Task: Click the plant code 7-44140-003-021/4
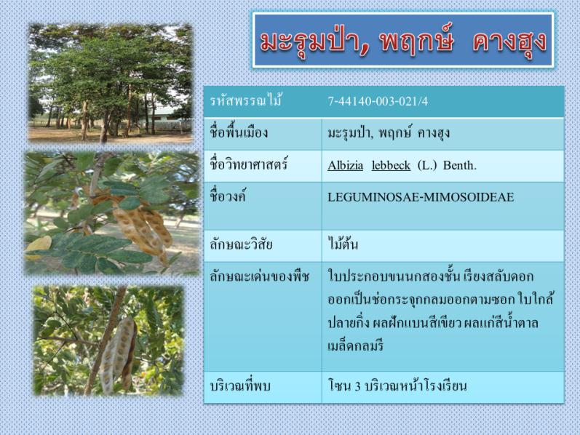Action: pyautogui.click(x=378, y=101)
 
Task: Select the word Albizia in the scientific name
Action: pyautogui.click(x=345, y=165)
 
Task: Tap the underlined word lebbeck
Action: pyautogui.click(x=391, y=165)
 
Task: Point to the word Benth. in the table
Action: pyautogui.click(x=459, y=165)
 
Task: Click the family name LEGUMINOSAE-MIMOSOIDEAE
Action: pyautogui.click(x=421, y=197)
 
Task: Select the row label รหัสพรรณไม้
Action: pyautogui.click(x=246, y=100)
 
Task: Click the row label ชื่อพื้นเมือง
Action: pyautogui.click(x=239, y=132)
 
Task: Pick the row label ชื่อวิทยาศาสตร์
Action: pyautogui.click(x=249, y=164)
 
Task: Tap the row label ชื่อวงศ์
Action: pyautogui.click(x=228, y=196)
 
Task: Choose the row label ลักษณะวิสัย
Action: pyautogui.click(x=241, y=244)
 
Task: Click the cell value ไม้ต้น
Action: pyautogui.click(x=343, y=244)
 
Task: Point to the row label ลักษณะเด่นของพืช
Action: pyautogui.click(x=259, y=276)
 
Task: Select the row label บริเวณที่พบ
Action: pyautogui.click(x=240, y=386)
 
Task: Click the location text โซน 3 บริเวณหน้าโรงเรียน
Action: pyautogui.click(x=397, y=386)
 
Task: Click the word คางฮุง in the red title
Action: pyautogui.click(x=509, y=41)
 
